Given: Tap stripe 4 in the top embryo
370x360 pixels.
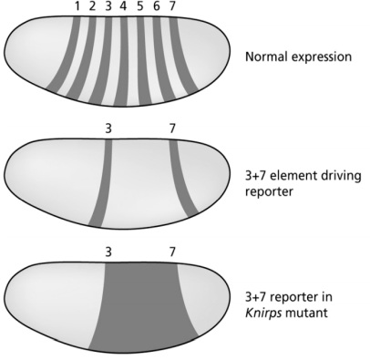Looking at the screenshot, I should pyautogui.click(x=122, y=59).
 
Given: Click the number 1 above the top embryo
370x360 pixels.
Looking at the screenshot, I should pyautogui.click(x=78, y=7).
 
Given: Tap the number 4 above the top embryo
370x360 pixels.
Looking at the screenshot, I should pyautogui.click(x=124, y=7).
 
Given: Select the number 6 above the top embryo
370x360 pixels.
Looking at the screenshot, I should pyautogui.click(x=156, y=7).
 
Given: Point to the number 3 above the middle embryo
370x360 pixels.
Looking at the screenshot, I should pyautogui.click(x=108, y=129).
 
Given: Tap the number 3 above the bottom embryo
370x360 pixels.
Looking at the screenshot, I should pyautogui.click(x=108, y=249).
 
